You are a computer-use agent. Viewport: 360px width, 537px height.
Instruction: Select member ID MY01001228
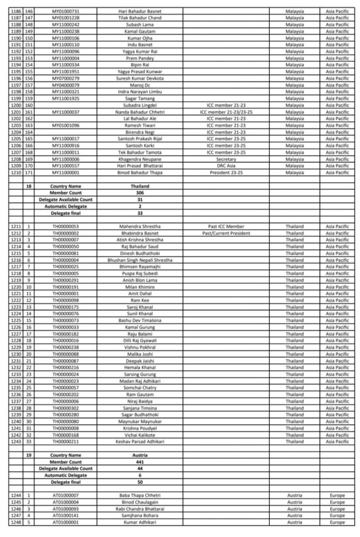(70, 18)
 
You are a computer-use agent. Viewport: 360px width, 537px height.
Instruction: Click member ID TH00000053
(70, 226)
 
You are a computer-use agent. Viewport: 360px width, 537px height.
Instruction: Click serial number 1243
(17, 441)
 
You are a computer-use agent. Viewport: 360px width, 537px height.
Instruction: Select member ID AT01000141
(70, 515)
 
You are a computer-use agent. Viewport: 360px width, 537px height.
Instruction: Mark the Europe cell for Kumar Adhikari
(337, 521)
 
